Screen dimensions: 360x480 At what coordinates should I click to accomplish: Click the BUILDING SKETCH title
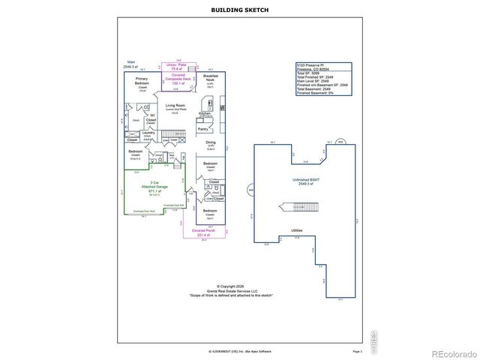(x=239, y=10)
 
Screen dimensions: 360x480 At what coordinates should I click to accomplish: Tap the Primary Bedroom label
(x=141, y=80)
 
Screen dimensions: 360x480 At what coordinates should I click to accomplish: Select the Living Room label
(x=175, y=106)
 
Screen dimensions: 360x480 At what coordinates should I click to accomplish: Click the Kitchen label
(x=205, y=113)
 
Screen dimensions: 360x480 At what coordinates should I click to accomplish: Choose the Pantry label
(x=202, y=129)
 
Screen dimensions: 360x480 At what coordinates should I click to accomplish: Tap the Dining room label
(x=211, y=142)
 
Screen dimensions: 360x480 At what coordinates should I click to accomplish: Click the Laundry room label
(x=147, y=133)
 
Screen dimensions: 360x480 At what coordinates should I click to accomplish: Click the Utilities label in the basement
(x=297, y=230)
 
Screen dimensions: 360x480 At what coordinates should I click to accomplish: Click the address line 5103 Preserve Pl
(x=313, y=65)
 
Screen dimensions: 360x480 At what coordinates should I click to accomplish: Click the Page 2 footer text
(x=357, y=350)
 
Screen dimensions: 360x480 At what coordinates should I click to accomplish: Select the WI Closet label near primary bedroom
(x=151, y=117)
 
